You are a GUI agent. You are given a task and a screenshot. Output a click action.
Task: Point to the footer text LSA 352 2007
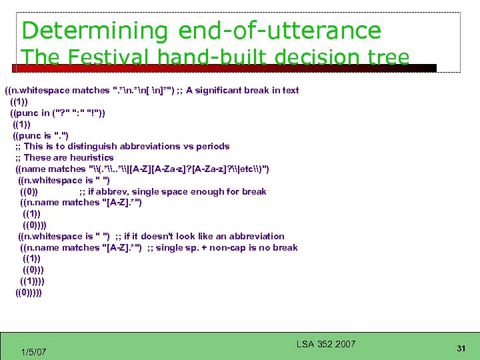point(326,344)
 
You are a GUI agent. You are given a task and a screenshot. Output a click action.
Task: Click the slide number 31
point(461,348)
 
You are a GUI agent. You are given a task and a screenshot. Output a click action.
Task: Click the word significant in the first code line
point(231,90)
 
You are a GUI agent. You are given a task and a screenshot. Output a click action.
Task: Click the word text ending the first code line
point(290,90)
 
